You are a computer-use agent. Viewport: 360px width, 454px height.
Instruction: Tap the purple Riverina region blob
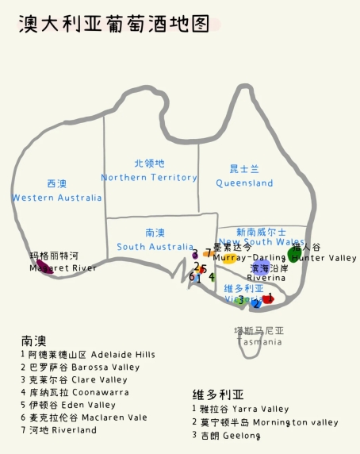pos(260,270)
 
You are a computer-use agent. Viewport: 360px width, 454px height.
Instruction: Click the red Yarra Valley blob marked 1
pos(268,299)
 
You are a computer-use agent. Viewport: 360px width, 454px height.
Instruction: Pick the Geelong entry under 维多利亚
pos(227,435)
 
